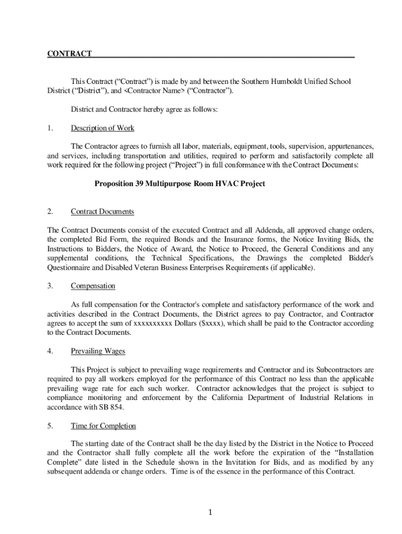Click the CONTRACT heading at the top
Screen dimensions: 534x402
pos(69,54)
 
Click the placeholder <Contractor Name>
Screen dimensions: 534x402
pos(154,91)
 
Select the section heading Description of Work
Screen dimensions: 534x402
pos(102,128)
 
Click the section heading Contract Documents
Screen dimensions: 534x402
pos(102,211)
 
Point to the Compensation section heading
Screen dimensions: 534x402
pos(93,286)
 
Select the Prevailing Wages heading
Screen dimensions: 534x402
pos(98,351)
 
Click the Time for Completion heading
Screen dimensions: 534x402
pos(103,426)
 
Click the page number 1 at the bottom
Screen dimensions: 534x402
pos(209,513)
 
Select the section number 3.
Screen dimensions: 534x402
pos(50,286)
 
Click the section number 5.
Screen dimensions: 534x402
pos(50,426)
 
